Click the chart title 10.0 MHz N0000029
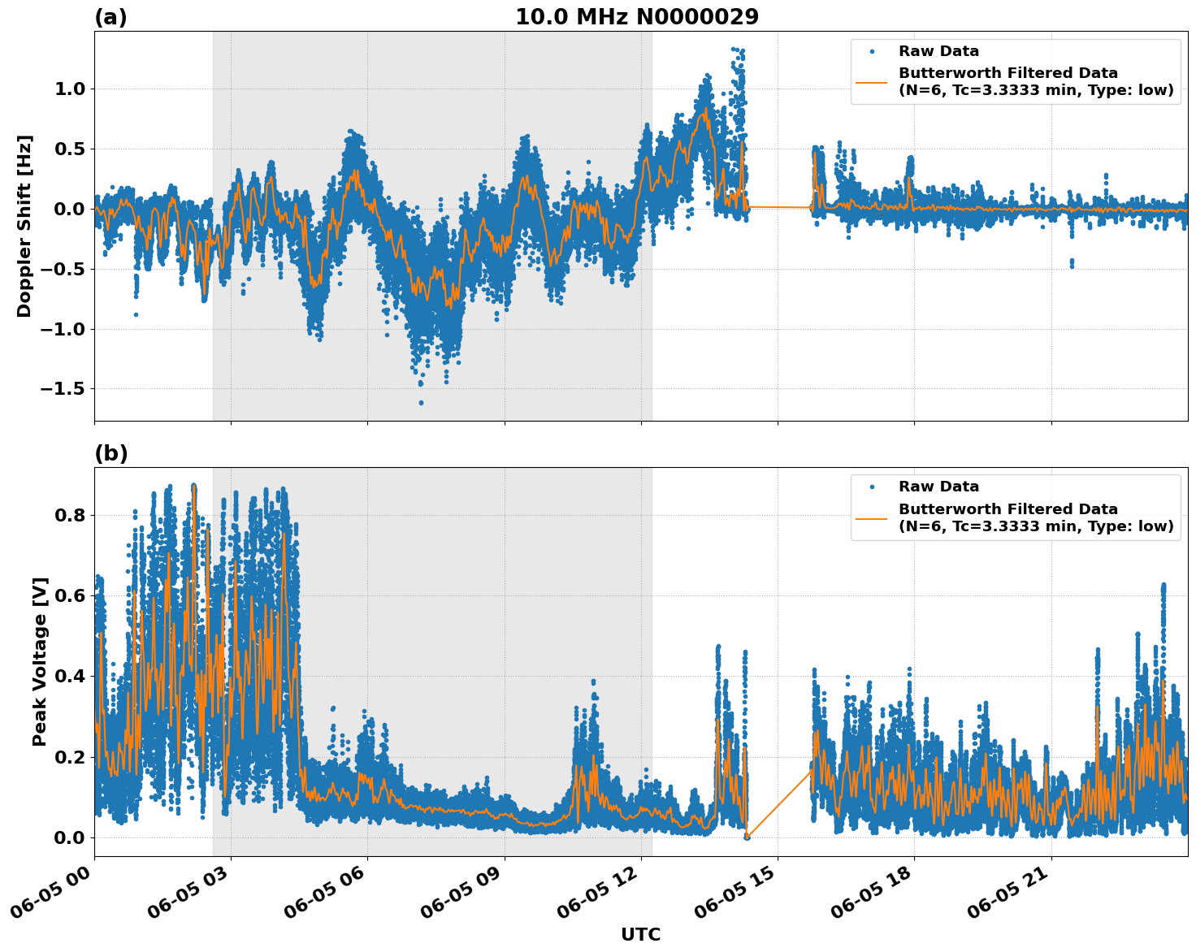click(x=637, y=17)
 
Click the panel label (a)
click(x=110, y=17)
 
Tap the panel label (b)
click(x=110, y=453)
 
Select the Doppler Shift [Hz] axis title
click(x=24, y=226)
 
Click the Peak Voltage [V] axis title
click(x=40, y=661)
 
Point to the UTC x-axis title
click(x=640, y=934)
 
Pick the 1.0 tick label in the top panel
click(x=70, y=89)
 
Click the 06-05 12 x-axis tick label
click(x=600, y=898)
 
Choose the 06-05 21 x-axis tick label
click(x=1010, y=898)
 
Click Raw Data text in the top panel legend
click(x=938, y=51)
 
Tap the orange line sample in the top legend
click(x=872, y=82)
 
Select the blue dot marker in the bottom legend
click(x=872, y=487)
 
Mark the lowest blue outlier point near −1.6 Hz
click(x=421, y=402)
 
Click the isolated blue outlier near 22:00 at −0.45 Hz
click(x=1072, y=262)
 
